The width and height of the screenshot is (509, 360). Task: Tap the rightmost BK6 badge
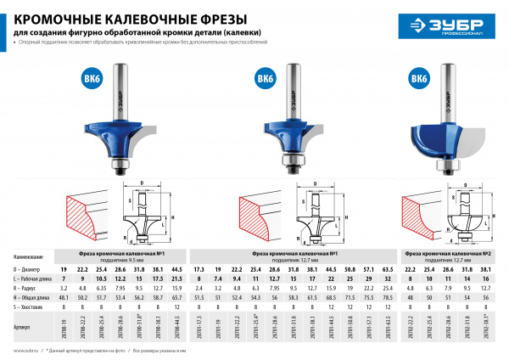(x=417, y=79)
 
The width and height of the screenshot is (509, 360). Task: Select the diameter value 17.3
(x=197, y=268)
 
